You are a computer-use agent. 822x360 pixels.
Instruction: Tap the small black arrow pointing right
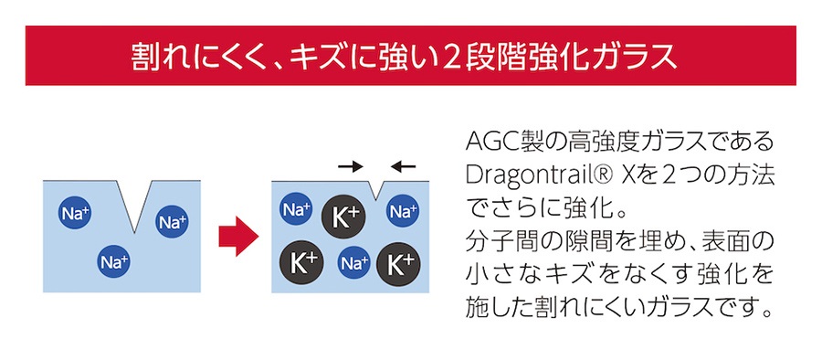[x=350, y=166]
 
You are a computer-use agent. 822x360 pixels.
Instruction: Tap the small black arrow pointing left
[x=402, y=166]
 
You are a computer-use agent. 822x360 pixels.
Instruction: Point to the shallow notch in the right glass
[x=376, y=190]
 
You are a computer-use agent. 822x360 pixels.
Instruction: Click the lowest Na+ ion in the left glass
[x=112, y=263]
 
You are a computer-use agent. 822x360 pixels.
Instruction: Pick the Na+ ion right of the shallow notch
[x=403, y=213]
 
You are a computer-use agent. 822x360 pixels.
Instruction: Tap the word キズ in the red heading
[x=316, y=56]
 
